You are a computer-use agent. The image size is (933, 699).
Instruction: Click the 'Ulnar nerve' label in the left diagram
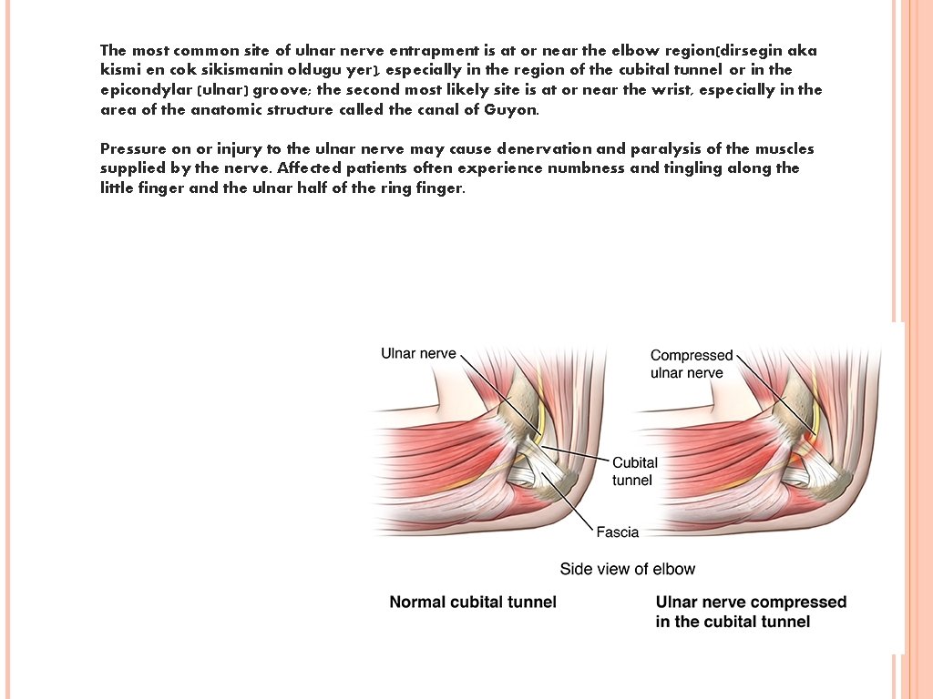pyautogui.click(x=418, y=353)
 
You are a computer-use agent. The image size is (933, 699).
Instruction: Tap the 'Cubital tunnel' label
pyautogui.click(x=634, y=471)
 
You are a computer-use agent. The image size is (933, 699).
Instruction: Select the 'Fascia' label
pyautogui.click(x=618, y=532)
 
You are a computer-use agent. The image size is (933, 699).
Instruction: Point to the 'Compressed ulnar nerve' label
pyautogui.click(x=692, y=364)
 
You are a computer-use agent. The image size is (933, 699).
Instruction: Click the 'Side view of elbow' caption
pyautogui.click(x=627, y=569)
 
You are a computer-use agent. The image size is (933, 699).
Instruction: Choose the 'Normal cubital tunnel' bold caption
pyautogui.click(x=473, y=602)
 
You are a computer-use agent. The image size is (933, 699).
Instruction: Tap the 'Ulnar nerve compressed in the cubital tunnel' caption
pyautogui.click(x=751, y=612)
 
